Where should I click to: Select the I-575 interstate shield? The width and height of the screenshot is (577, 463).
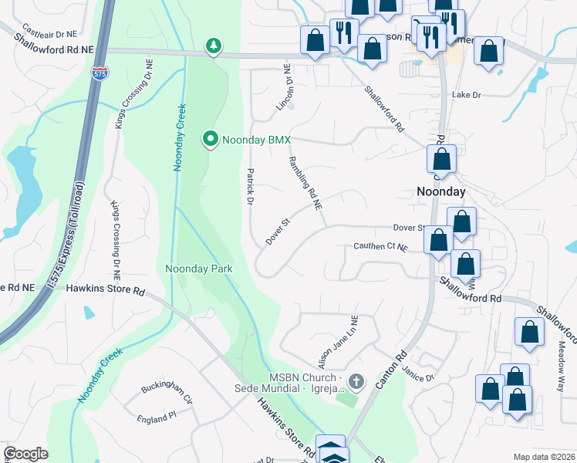pos(100,74)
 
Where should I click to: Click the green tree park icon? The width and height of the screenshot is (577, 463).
pos(213,47)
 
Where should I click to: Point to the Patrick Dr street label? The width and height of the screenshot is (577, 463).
pos(250,187)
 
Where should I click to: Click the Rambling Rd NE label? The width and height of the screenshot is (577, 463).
pos(305,183)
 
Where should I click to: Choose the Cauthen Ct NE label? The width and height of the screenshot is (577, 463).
pos(380,246)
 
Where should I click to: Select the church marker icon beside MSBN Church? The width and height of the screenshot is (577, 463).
pos(356,380)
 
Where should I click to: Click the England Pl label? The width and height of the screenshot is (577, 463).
pos(157,417)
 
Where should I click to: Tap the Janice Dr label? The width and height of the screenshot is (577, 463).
pos(419,373)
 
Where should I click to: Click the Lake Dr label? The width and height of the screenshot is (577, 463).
pos(466,95)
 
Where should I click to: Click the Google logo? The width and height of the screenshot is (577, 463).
pos(26,454)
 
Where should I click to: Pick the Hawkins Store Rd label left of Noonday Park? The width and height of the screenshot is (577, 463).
pos(106,291)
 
